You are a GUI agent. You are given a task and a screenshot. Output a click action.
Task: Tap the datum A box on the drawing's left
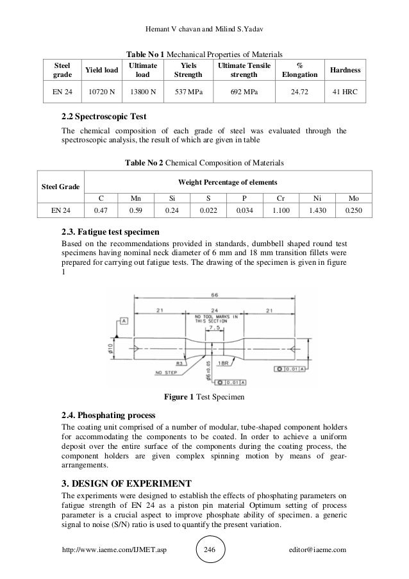click(123, 320)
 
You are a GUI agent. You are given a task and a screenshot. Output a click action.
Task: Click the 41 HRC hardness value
click(345, 92)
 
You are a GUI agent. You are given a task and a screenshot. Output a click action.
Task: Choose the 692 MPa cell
click(244, 92)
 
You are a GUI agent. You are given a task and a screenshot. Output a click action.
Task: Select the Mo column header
click(353, 198)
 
